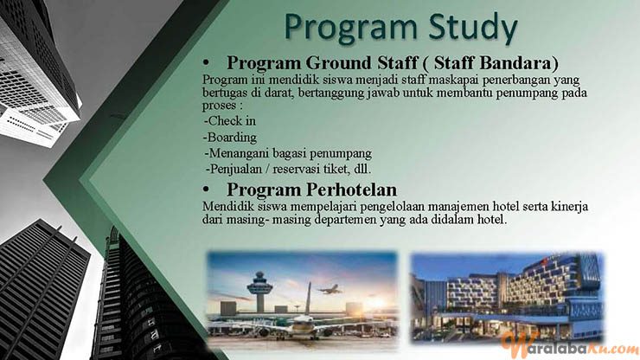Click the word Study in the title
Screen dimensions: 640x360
[x=473, y=29]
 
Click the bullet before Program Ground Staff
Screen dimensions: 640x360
[x=206, y=63]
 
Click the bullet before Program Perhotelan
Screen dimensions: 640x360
[x=206, y=190]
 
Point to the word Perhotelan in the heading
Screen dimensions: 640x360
[x=352, y=190]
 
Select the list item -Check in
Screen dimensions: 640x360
[x=230, y=121]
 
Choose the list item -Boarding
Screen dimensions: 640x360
[x=231, y=138]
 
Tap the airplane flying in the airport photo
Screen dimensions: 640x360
[x=330, y=289]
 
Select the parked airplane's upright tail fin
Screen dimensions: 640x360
[x=308, y=299]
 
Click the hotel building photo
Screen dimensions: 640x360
[x=507, y=298]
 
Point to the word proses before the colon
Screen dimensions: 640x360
[x=220, y=106]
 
